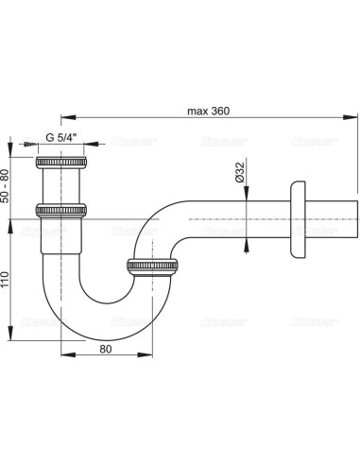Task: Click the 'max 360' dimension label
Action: [209, 111]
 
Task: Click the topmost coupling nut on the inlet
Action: [61, 166]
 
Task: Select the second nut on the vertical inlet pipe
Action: [61, 210]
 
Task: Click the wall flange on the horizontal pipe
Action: [300, 220]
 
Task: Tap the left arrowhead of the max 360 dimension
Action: [64, 120]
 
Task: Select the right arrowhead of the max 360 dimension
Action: [356, 120]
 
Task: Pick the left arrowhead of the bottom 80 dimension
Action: [64, 356]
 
